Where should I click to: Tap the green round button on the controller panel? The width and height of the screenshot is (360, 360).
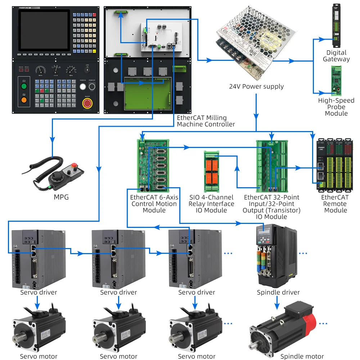[x=24, y=86]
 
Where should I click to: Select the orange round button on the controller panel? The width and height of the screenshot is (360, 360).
[x=24, y=100]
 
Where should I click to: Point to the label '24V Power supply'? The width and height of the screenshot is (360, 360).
[x=256, y=86]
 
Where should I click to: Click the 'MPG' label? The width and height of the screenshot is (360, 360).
[x=61, y=197]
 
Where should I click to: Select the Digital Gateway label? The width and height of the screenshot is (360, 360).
[x=336, y=56]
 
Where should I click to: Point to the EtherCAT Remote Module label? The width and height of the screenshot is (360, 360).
[x=335, y=203]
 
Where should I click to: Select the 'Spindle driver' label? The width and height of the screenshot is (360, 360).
[x=278, y=292]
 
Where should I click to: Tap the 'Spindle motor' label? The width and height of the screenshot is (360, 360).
[x=302, y=356]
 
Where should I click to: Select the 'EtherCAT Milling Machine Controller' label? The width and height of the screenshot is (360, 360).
[x=206, y=121]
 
